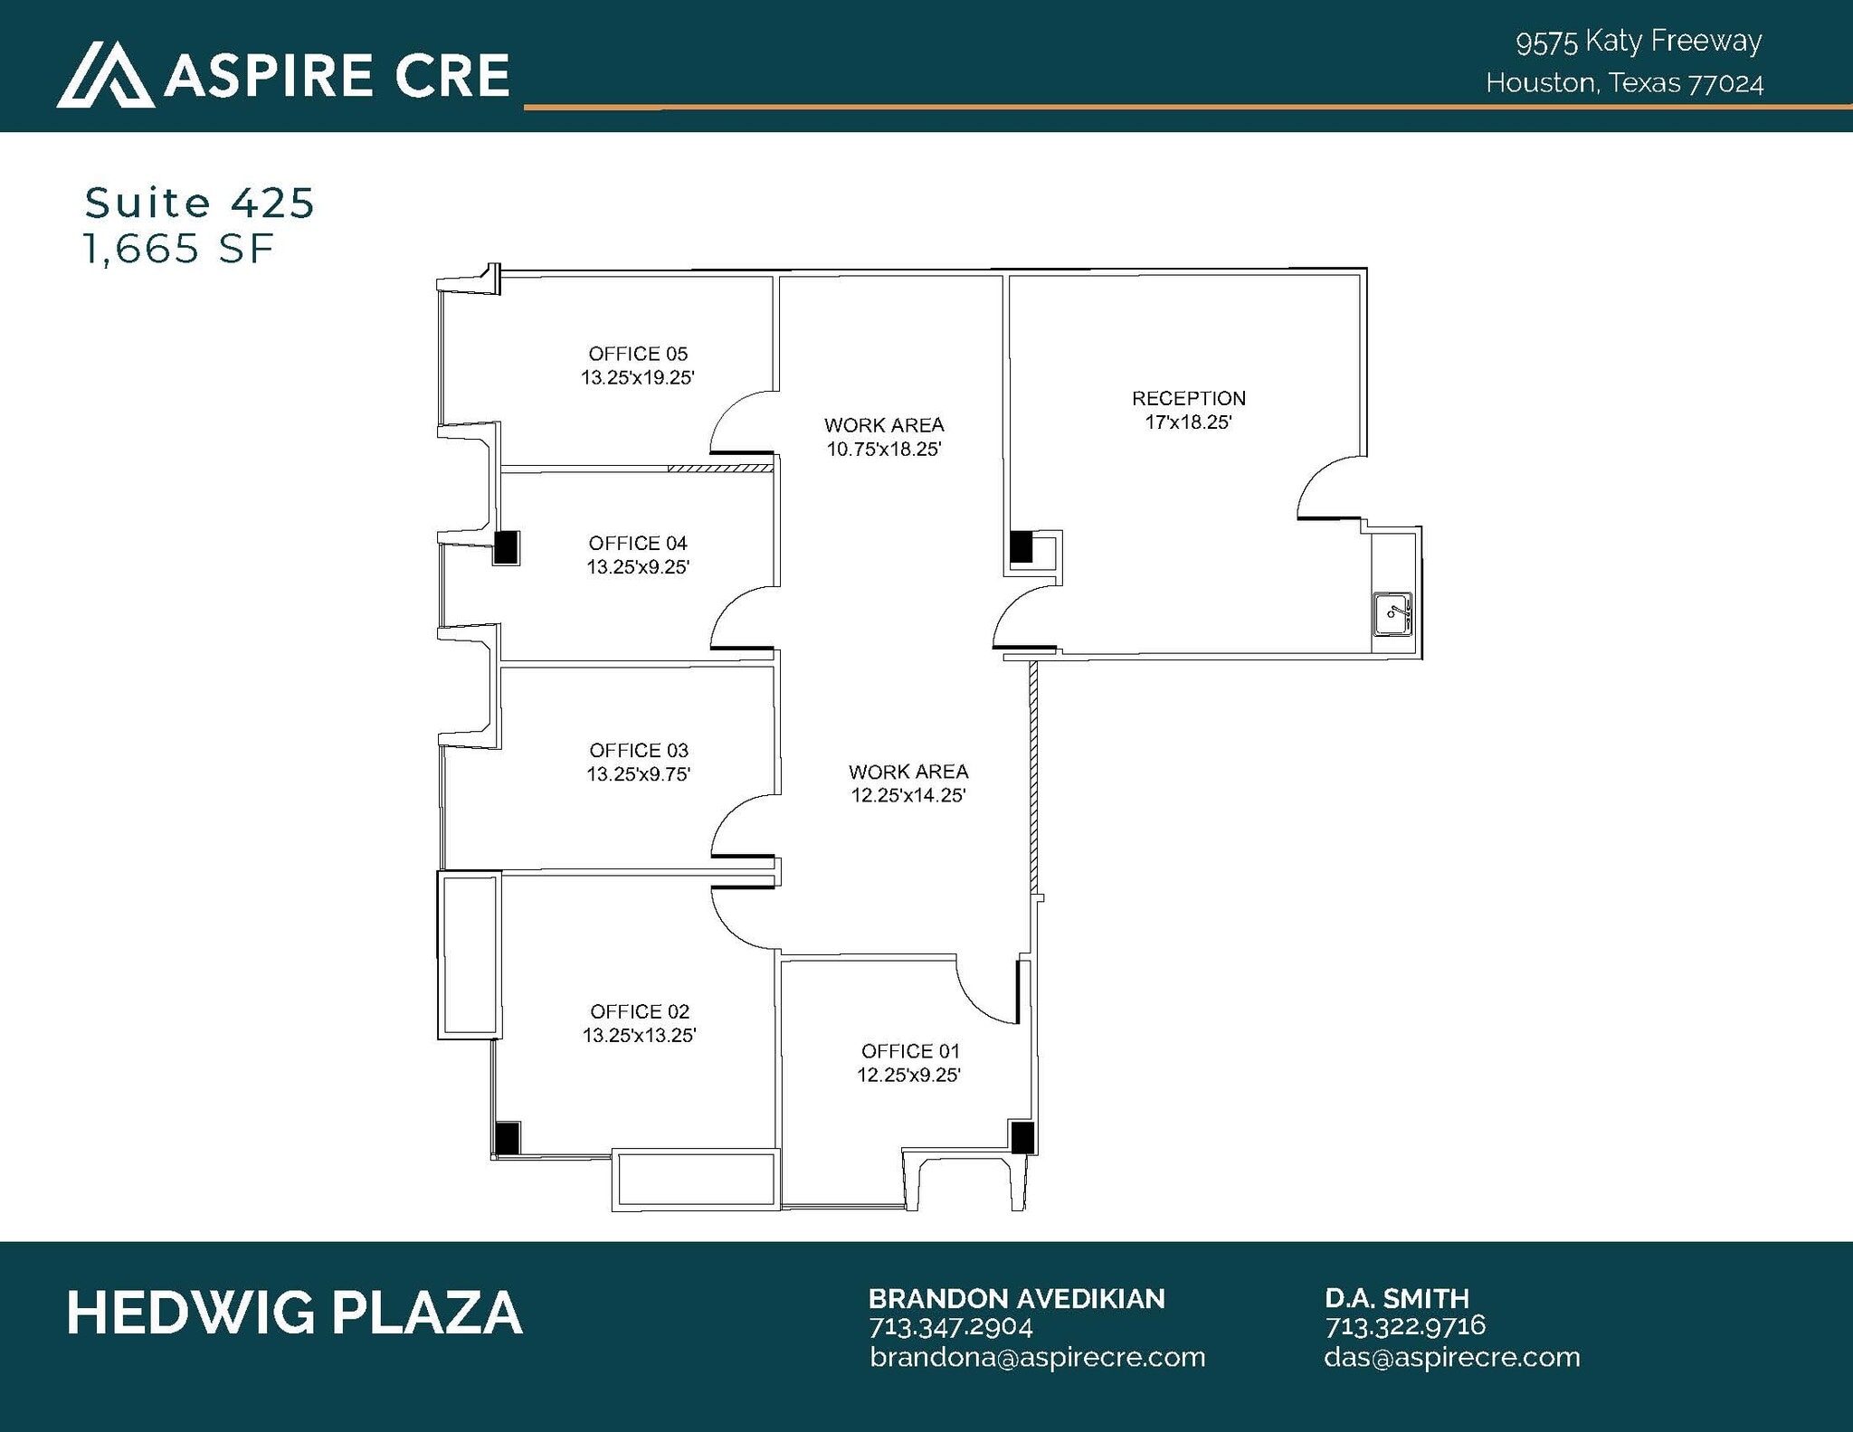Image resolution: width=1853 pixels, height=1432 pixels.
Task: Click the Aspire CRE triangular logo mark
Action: click(x=105, y=75)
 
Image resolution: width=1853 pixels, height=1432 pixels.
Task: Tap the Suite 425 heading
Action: click(x=200, y=203)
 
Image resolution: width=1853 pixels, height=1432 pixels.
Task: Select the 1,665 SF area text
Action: click(x=178, y=249)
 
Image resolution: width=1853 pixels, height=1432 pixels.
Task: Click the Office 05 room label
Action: click(x=638, y=354)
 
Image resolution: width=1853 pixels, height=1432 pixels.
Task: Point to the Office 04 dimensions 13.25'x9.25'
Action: click(x=638, y=567)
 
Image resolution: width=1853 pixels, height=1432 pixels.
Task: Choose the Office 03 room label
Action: click(x=639, y=750)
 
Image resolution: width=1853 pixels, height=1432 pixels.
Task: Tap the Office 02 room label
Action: click(x=640, y=1011)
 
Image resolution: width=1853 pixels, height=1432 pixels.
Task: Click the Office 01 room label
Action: click(x=910, y=1051)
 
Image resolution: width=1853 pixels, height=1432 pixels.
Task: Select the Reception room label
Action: click(x=1189, y=398)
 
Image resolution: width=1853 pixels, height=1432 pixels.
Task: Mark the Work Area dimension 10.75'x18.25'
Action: click(x=884, y=449)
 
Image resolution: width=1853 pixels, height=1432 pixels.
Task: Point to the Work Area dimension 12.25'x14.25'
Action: click(x=908, y=795)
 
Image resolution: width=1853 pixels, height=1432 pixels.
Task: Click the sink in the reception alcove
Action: click(x=1392, y=614)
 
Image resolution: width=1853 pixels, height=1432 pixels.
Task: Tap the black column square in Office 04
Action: click(x=506, y=546)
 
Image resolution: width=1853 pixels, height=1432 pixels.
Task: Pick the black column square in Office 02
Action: click(x=507, y=1137)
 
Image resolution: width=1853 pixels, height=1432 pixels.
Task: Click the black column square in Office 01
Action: click(x=1022, y=1137)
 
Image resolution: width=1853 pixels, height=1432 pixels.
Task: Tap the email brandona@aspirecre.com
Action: click(x=1038, y=1357)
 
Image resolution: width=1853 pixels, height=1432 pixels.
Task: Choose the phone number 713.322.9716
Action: click(x=1405, y=1326)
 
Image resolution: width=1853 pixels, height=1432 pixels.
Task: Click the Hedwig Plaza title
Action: click(x=295, y=1313)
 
